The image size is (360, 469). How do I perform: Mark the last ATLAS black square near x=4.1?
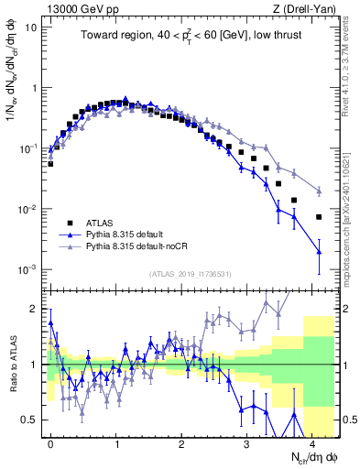319,217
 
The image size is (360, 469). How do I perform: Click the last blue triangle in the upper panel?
319,251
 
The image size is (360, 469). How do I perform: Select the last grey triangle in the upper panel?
319,191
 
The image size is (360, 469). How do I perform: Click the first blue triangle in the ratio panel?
50,322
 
